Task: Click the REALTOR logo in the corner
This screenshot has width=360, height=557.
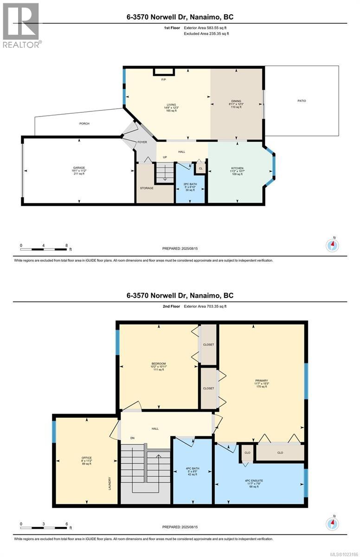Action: pyautogui.click(x=21, y=24)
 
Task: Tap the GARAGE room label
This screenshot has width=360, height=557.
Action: pyautogui.click(x=78, y=168)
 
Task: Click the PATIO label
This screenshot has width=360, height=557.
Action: pyautogui.click(x=302, y=101)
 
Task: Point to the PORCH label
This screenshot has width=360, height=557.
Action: pyautogui.click(x=84, y=123)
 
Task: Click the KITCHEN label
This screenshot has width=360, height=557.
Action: pyautogui.click(x=237, y=168)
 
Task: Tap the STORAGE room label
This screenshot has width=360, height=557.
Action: pyautogui.click(x=147, y=188)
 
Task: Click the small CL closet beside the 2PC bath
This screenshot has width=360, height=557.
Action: pyautogui.click(x=200, y=168)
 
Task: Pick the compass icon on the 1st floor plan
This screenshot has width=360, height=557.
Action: pyautogui.click(x=333, y=245)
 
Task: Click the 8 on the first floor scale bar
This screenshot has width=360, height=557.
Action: pyautogui.click(x=66, y=245)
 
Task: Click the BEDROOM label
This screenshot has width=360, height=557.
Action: pyautogui.click(x=159, y=363)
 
